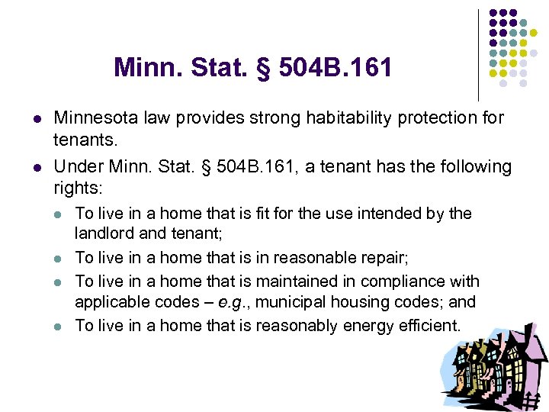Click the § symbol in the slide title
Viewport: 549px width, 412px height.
pos(265,68)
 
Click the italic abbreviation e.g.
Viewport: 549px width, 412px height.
pos(233,303)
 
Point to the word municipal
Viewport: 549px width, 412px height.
pos(293,303)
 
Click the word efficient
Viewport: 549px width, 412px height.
pos(432,326)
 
